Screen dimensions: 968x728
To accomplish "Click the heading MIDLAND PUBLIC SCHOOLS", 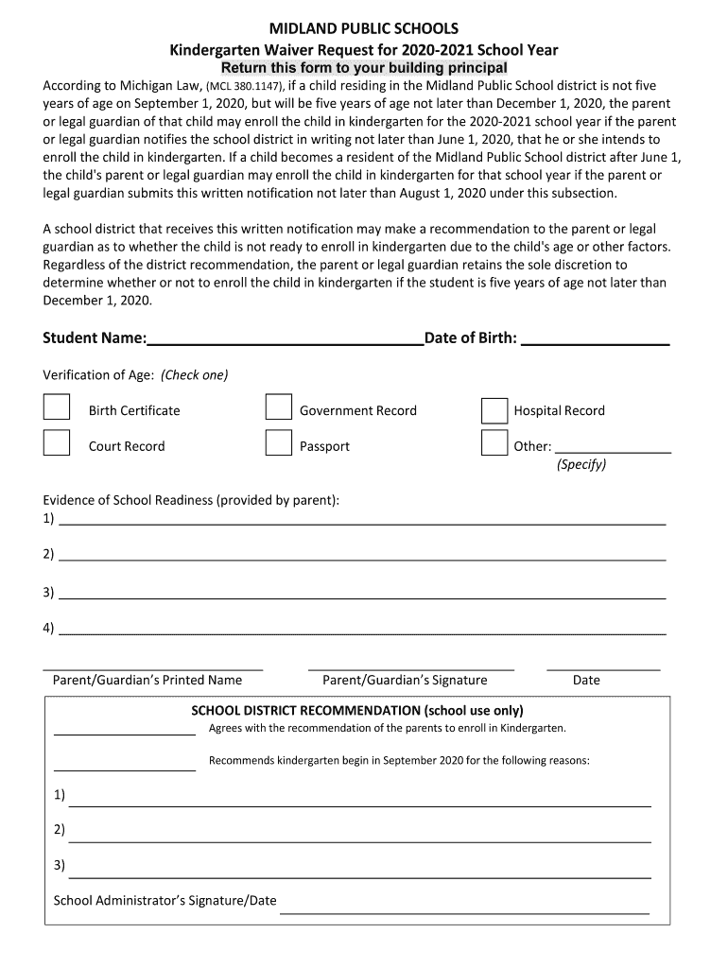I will (x=364, y=29).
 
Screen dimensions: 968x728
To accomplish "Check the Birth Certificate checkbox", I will (x=57, y=406).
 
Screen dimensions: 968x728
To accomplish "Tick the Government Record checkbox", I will (x=278, y=406).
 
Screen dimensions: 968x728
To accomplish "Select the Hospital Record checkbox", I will (x=494, y=410).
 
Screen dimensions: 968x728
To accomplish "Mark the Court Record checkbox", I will (x=57, y=442).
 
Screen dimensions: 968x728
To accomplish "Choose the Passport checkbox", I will (x=278, y=442).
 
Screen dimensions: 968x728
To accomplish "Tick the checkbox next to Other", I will (x=494, y=442).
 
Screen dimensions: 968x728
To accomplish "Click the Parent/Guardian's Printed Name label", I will (x=147, y=680).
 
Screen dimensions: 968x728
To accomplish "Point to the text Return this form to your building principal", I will (x=364, y=69).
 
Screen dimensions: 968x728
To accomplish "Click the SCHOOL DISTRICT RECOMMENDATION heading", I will (x=357, y=710).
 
